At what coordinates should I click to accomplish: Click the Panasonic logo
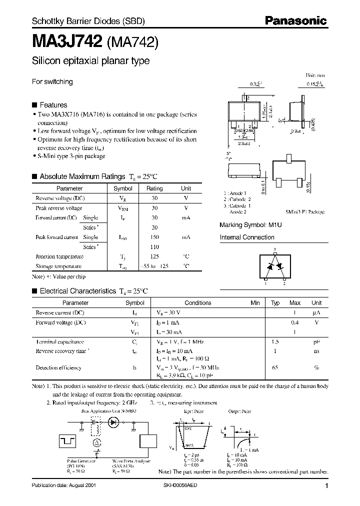click(x=295, y=20)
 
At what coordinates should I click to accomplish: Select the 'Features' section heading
click(x=53, y=105)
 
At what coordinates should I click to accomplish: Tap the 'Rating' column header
click(x=154, y=188)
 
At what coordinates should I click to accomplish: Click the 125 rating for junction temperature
click(x=154, y=256)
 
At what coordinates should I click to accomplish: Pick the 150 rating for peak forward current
click(x=154, y=237)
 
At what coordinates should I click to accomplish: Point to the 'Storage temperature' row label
click(x=58, y=266)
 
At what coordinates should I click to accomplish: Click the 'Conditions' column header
click(x=198, y=302)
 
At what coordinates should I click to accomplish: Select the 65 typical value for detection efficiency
click(x=275, y=367)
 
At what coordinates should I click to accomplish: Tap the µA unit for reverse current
click(x=316, y=312)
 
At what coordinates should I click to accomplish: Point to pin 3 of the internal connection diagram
click(x=274, y=248)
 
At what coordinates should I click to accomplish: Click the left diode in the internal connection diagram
click(x=269, y=266)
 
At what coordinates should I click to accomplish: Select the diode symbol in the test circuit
click(x=114, y=422)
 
